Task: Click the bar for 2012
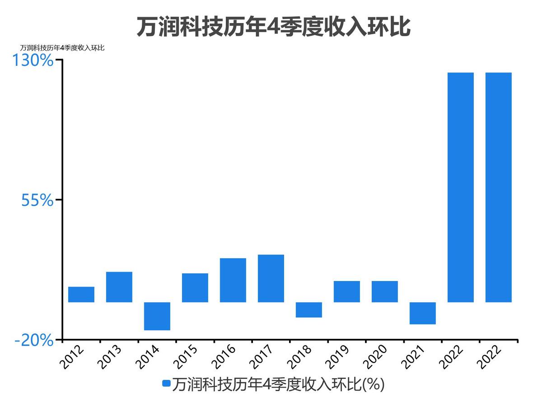(81, 294)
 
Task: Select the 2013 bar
(119, 287)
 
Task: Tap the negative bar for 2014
(157, 316)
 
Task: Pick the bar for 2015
(195, 287)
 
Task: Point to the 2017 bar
(271, 278)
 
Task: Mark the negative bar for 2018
(309, 309)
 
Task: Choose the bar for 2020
(385, 291)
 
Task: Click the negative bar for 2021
(423, 313)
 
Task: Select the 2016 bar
(233, 280)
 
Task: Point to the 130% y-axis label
(33, 60)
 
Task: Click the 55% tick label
(37, 200)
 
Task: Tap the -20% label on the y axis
(34, 340)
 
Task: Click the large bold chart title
(273, 27)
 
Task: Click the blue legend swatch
(166, 384)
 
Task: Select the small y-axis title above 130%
(62, 48)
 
